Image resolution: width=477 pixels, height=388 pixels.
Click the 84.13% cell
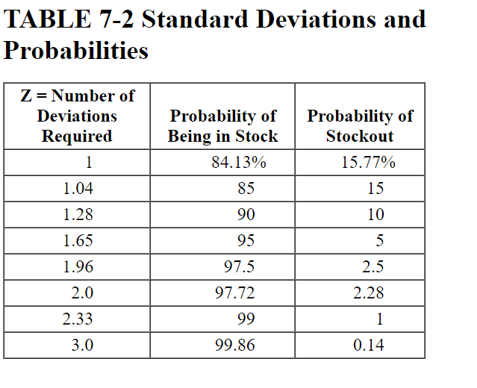[x=234, y=163]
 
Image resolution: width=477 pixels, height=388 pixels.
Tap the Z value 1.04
[x=78, y=189]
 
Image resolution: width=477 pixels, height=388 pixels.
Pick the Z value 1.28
[x=78, y=215]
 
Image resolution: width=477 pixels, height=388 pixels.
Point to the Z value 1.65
[x=78, y=241]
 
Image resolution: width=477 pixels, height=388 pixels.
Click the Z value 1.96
[x=78, y=267]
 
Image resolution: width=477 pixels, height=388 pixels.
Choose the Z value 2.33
[x=78, y=319]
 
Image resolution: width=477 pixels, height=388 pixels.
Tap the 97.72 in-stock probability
[x=235, y=293]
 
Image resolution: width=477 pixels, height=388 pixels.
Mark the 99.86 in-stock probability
[x=235, y=345]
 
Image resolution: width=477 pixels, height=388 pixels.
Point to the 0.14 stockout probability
[x=368, y=345]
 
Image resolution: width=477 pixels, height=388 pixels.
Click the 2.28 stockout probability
[x=368, y=293]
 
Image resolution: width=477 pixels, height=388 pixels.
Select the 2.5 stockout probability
[x=372, y=267]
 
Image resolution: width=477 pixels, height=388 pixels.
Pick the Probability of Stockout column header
[x=360, y=126]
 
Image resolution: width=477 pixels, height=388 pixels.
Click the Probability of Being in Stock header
[x=222, y=126]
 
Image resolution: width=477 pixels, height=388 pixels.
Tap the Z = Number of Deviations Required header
[x=77, y=116]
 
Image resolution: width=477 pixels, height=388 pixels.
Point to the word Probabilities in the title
[x=76, y=51]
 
